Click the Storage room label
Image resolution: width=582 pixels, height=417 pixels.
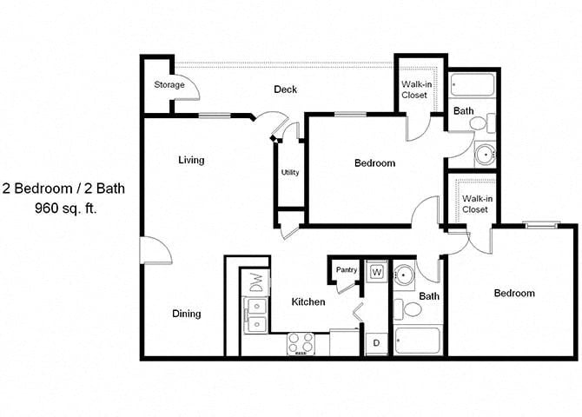[169, 85]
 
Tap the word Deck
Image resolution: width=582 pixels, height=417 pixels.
[286, 89]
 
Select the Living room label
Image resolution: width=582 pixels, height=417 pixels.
[191, 160]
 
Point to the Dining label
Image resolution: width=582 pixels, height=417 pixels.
[186, 314]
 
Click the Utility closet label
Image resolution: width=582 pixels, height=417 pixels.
[290, 172]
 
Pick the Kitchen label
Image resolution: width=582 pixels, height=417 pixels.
[308, 301]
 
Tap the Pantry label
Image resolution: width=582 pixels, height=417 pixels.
[347, 269]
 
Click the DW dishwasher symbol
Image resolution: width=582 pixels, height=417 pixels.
[256, 282]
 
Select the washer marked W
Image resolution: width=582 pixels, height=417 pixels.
[376, 272]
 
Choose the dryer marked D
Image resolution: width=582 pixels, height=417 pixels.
[376, 343]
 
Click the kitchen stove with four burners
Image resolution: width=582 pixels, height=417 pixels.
[301, 343]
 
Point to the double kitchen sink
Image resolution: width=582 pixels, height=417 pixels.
[255, 315]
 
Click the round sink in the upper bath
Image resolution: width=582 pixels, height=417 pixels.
[484, 156]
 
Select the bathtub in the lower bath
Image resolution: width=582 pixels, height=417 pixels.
[417, 340]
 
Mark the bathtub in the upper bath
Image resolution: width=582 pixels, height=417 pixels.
[473, 85]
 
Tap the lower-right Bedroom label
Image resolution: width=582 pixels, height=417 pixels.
[514, 293]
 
